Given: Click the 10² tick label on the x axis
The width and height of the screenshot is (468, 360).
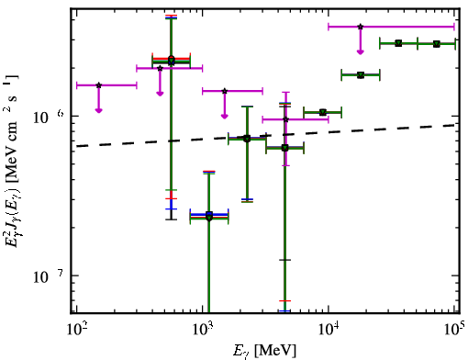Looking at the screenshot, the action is tap(76, 330).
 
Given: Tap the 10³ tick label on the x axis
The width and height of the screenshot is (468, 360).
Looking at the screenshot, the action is tap(203, 330).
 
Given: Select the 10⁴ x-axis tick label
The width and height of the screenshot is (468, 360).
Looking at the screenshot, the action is tap(329, 330).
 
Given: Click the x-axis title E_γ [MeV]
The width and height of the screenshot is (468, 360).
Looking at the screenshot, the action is tap(264, 351).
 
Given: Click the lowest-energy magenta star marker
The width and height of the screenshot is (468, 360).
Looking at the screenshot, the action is tap(98, 85).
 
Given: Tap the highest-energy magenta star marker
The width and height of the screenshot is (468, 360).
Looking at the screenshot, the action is tap(361, 27).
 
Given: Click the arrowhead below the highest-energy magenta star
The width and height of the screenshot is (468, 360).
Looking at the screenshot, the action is tap(361, 51).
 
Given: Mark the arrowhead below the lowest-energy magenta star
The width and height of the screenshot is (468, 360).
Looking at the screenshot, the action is tap(98, 110).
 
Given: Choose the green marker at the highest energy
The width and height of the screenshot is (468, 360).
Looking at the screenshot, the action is tap(437, 44).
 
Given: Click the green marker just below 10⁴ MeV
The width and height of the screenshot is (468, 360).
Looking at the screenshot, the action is tap(323, 112).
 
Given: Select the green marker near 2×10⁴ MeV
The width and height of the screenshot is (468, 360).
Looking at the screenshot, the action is tap(361, 74).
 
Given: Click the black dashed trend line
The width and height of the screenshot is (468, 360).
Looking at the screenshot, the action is tap(266, 136).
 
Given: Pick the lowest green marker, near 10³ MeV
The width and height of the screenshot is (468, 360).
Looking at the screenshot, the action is tap(209, 218).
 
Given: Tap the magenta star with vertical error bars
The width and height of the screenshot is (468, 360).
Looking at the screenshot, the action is tap(285, 119).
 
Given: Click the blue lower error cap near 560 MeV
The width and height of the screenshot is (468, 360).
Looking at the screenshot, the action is tap(172, 208).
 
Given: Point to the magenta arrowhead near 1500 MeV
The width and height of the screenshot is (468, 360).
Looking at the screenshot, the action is tap(225, 116).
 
